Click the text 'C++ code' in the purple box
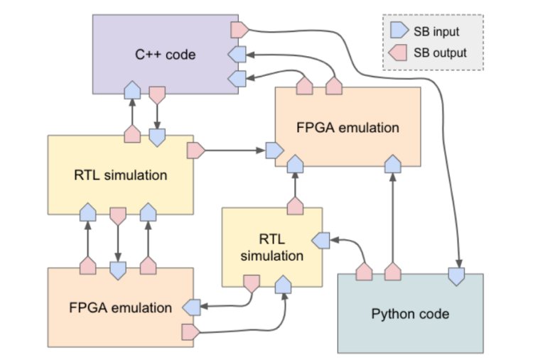[166, 53]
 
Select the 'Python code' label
[410, 313]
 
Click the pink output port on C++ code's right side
[239, 29]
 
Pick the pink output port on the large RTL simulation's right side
[195, 150]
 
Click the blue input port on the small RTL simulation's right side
[321, 241]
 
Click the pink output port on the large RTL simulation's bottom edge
[118, 214]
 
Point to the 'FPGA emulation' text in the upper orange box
[347, 128]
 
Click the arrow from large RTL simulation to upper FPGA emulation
[234, 150]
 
